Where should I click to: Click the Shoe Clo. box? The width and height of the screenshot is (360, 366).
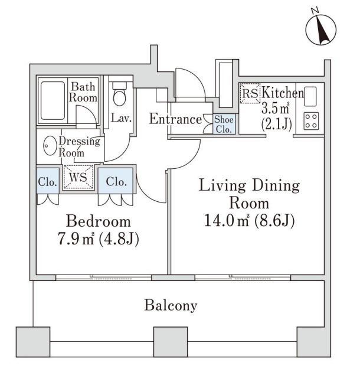tap(224, 125)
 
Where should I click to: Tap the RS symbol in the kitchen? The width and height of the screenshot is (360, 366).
tap(250, 93)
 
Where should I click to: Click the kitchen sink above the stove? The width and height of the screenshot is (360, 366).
tap(311, 94)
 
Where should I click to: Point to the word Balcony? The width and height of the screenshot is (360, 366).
tap(171, 306)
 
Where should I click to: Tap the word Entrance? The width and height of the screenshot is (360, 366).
tap(175, 119)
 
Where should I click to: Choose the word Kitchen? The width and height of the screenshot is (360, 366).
tap(282, 93)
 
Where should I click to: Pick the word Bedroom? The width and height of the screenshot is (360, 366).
tap(98, 222)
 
